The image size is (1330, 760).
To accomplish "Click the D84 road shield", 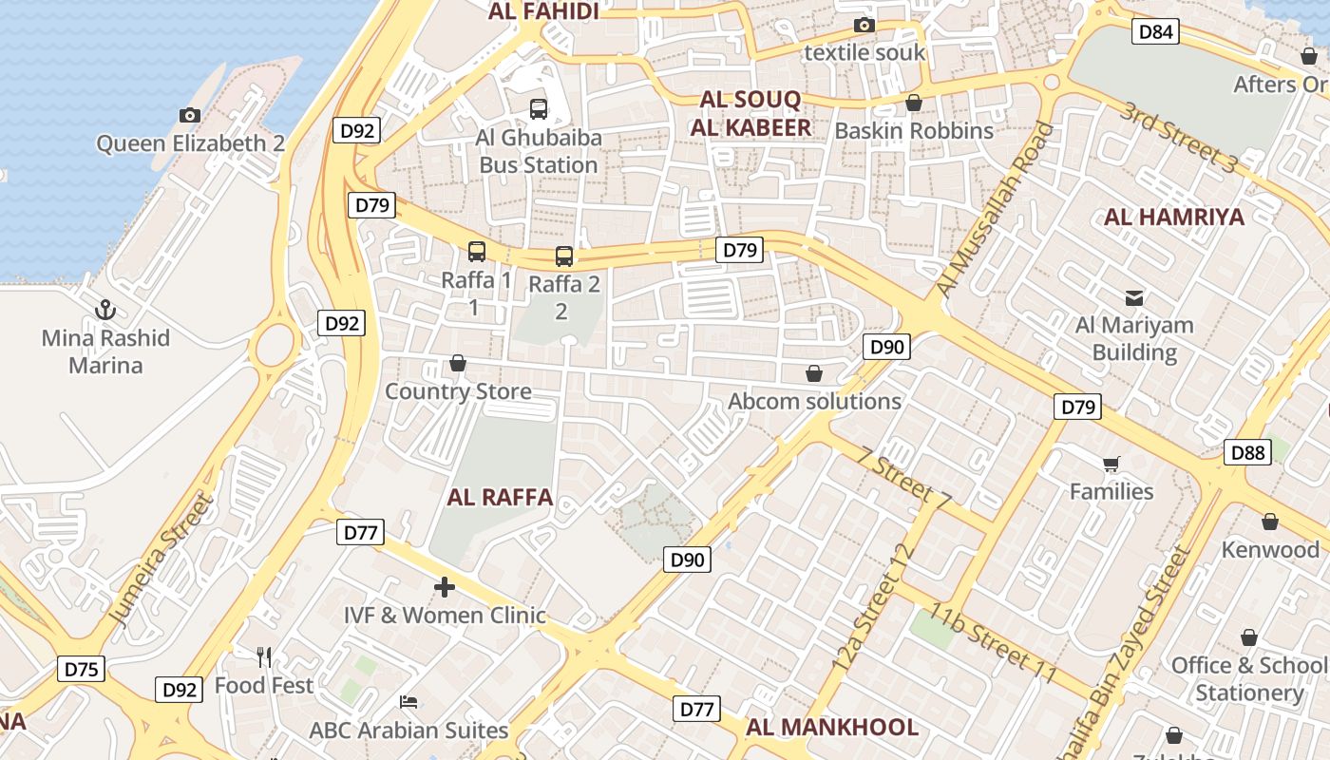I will [x=1155, y=32].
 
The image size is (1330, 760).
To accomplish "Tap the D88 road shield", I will [x=1247, y=452].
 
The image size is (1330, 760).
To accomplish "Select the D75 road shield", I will [x=81, y=669].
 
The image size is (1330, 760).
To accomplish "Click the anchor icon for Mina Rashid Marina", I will [x=105, y=310].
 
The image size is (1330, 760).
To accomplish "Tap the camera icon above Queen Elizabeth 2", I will [x=190, y=115].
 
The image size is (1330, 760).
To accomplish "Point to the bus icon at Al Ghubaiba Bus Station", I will [x=539, y=109].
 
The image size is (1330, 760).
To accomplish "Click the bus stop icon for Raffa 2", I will [x=564, y=256].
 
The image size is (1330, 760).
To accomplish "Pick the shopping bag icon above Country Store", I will [x=458, y=363].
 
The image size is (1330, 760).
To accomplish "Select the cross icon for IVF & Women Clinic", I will [x=444, y=587].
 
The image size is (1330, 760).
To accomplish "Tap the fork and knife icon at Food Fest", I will [x=264, y=656].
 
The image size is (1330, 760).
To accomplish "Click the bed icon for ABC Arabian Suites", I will [x=408, y=702].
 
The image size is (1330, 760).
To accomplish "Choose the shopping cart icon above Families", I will [x=1111, y=464].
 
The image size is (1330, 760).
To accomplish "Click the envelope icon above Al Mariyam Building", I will [x=1134, y=297].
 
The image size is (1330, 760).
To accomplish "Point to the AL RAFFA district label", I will [x=500, y=497].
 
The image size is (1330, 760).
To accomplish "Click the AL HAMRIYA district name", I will [x=1173, y=217].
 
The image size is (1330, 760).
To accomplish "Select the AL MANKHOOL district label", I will [x=831, y=728].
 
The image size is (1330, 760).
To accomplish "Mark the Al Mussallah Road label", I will [x=995, y=210].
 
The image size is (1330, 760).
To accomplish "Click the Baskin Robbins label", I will [x=914, y=130].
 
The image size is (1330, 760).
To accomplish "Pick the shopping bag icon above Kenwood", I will [x=1270, y=522].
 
